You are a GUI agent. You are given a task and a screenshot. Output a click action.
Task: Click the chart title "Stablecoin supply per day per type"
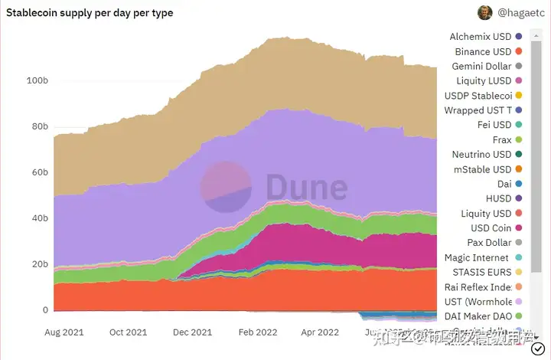tap(90, 13)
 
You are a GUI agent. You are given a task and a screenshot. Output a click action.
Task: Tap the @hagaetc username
tap(520, 13)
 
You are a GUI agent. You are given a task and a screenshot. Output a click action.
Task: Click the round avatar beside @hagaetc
tap(485, 12)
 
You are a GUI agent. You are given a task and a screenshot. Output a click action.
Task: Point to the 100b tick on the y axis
tap(37, 80)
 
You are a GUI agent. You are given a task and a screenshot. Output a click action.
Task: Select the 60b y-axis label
tap(40, 172)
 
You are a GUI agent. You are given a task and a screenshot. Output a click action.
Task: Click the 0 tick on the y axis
tap(45, 310)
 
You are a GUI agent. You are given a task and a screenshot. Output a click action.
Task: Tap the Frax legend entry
tap(501, 139)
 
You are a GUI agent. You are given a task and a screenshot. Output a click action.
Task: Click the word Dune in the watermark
tap(306, 186)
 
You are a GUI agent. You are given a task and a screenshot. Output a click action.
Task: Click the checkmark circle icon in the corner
tap(537, 349)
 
